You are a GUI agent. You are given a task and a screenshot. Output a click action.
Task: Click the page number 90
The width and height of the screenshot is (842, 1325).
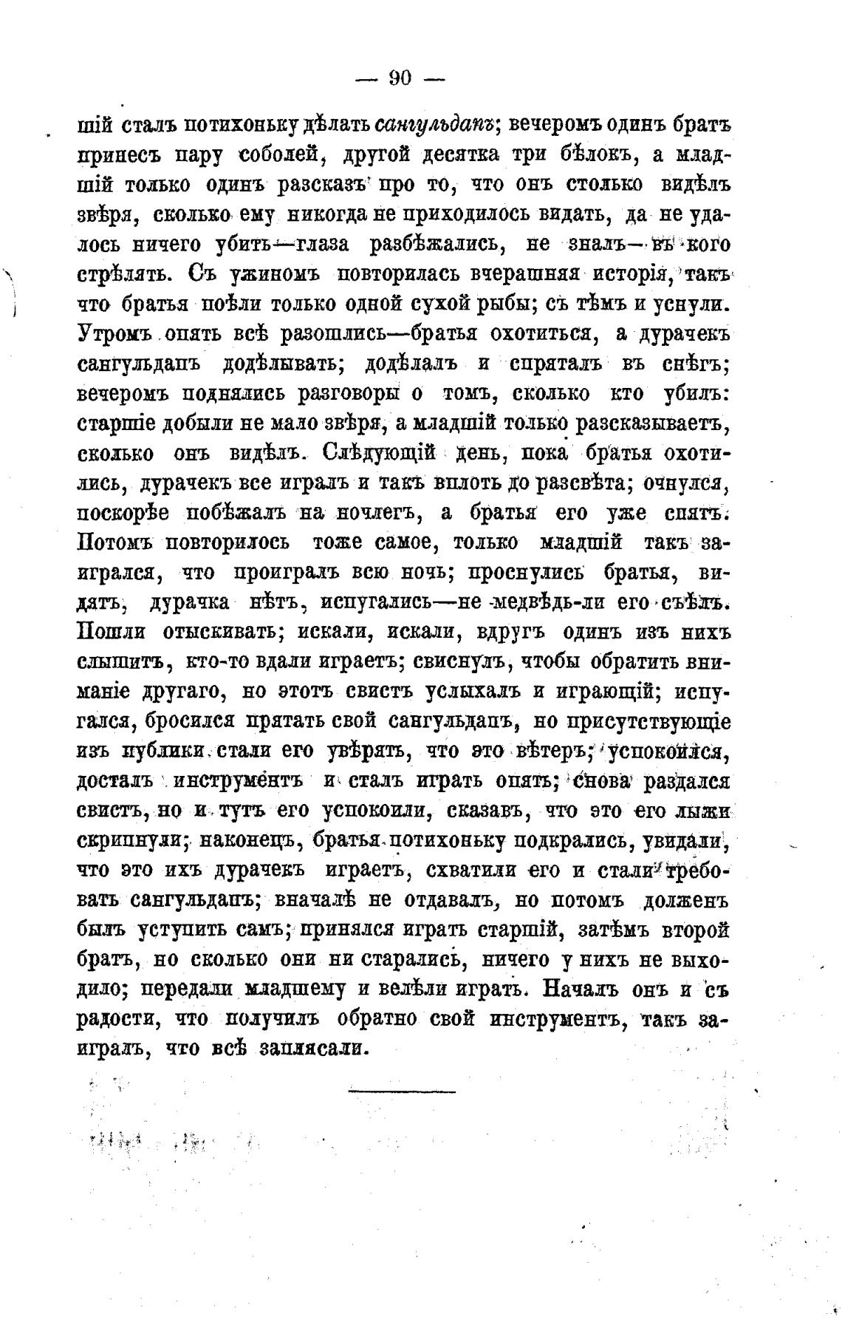point(400,78)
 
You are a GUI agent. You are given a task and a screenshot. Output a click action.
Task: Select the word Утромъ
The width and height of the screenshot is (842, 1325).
point(114,334)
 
